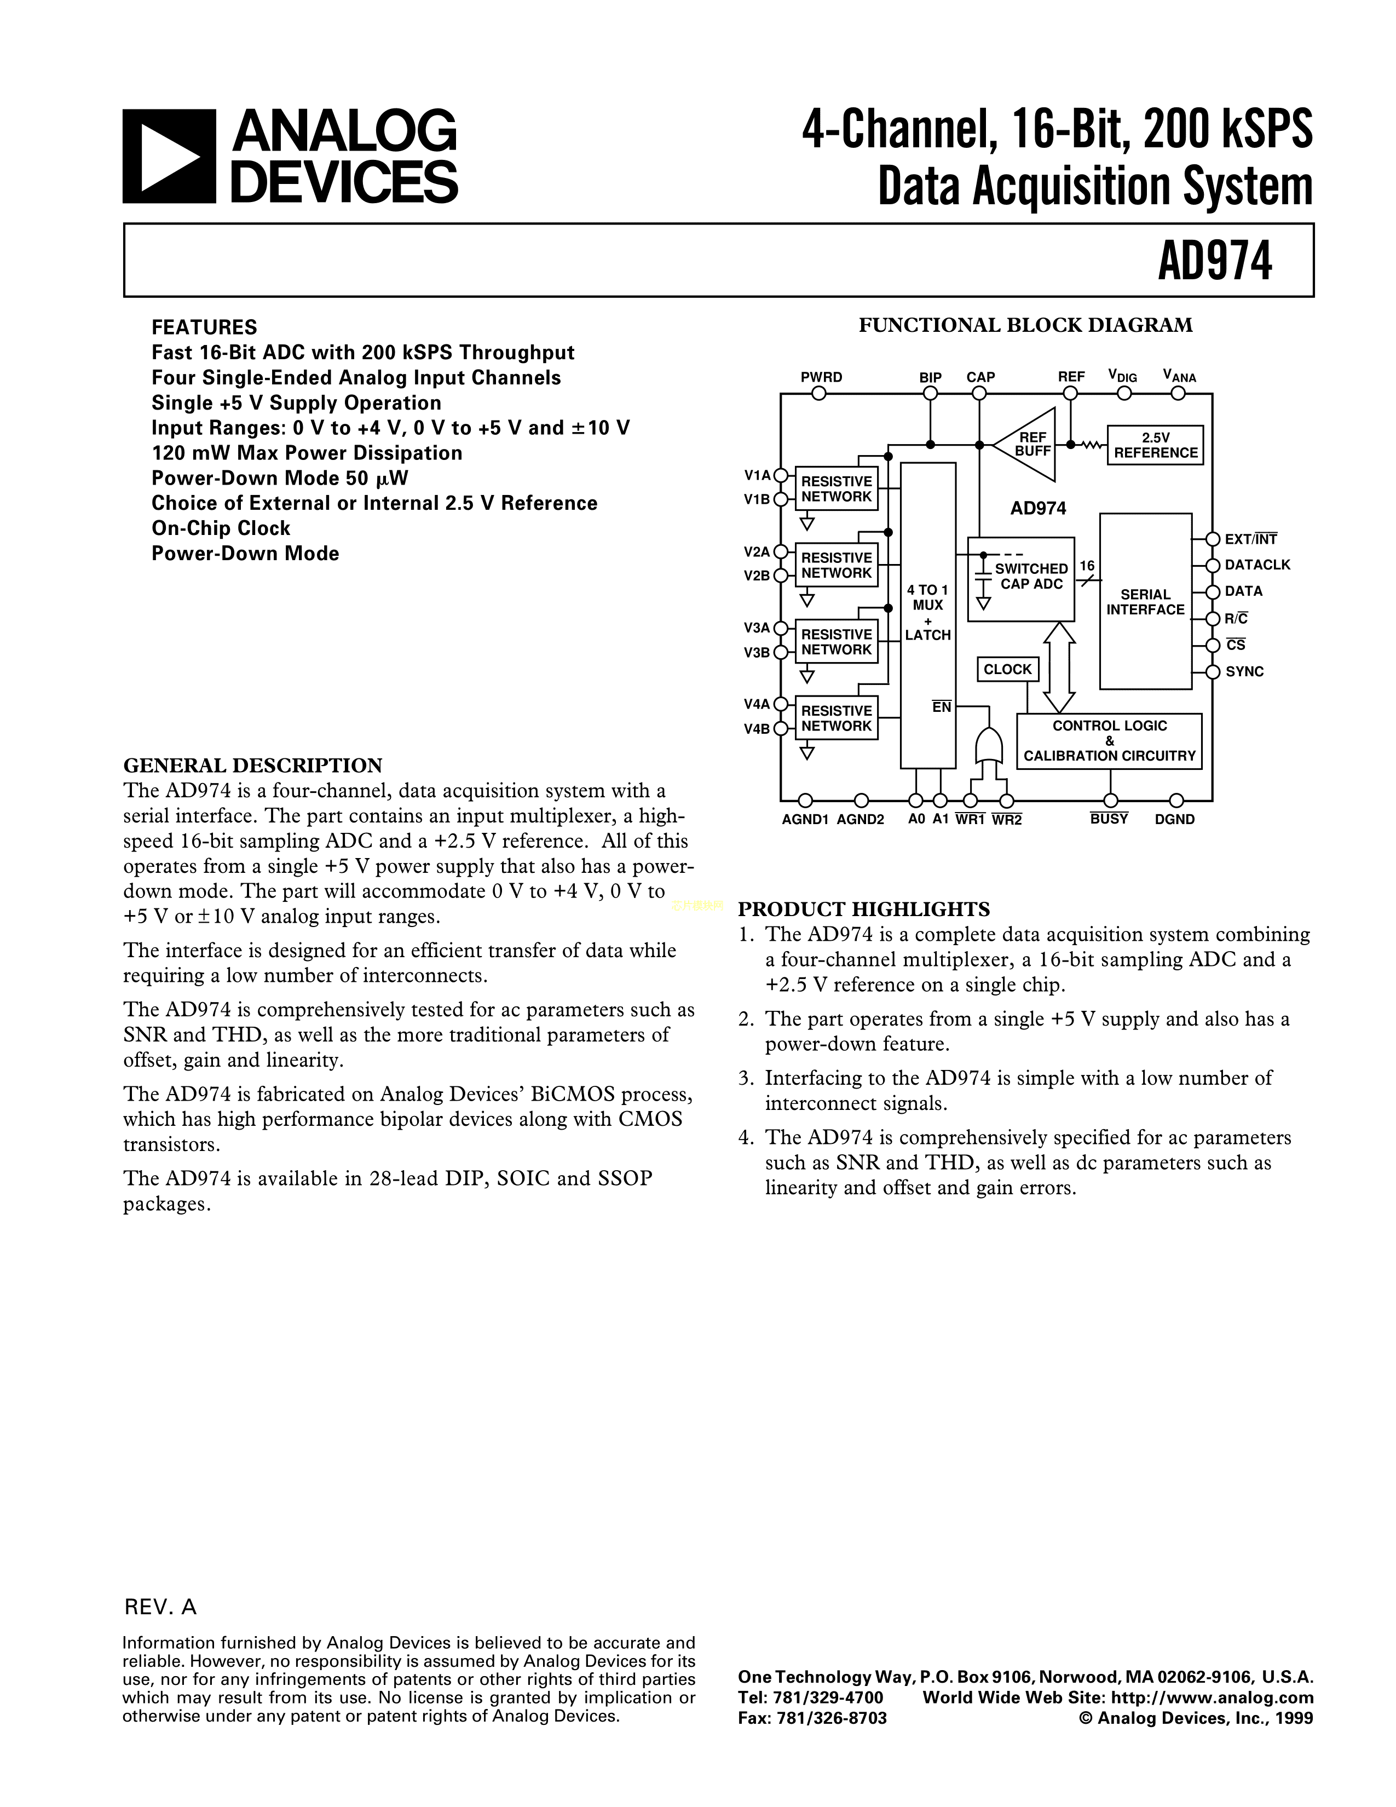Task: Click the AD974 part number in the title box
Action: pos(1214,261)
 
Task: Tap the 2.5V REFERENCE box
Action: pos(1155,445)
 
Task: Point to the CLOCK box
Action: pos(1007,669)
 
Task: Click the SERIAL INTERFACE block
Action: pos(1145,601)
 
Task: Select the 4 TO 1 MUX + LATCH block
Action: pos(927,613)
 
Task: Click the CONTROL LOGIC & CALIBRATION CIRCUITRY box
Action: pos(1109,740)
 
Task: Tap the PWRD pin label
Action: pos(821,377)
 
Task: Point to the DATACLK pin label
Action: pos(1257,565)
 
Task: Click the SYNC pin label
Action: pos(1244,672)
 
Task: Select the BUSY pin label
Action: pos(1108,819)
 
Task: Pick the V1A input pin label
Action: pos(757,475)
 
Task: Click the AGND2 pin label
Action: pos(860,819)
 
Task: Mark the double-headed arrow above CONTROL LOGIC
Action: pos(1059,667)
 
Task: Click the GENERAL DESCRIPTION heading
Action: pos(252,766)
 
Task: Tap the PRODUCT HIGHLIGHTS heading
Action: pos(863,910)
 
